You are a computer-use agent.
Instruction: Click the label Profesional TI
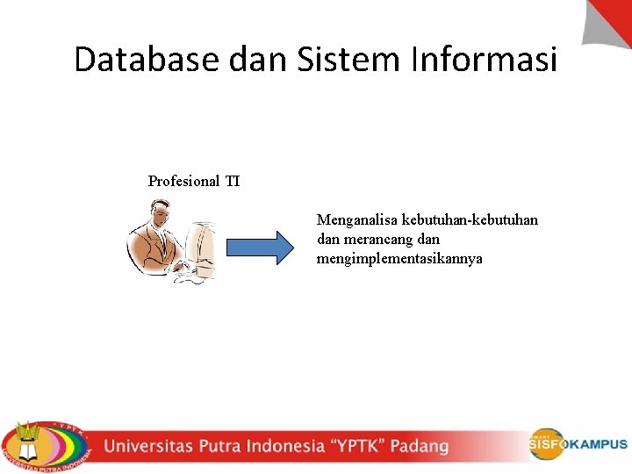click(194, 182)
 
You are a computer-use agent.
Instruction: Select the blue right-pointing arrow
click(261, 248)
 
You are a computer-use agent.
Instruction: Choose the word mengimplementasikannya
click(399, 259)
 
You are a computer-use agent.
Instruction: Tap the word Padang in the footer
click(419, 446)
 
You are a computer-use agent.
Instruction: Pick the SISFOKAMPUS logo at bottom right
click(578, 443)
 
